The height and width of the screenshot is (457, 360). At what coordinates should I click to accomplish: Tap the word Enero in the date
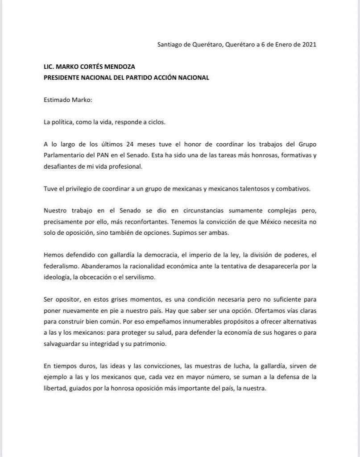(x=278, y=44)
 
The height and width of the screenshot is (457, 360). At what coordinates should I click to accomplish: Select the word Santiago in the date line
(x=170, y=44)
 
